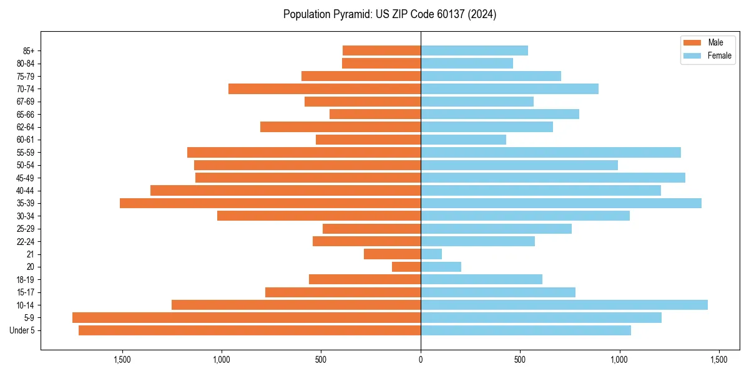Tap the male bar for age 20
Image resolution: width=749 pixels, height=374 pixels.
point(406,267)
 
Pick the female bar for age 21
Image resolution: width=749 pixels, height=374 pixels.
point(431,254)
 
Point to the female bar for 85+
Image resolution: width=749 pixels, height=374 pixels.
point(474,50)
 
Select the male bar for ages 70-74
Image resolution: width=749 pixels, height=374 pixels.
point(325,89)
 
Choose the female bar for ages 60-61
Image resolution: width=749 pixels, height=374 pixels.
point(463,140)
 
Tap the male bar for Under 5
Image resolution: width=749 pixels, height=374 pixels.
point(250,330)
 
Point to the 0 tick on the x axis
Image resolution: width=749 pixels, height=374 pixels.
point(421,360)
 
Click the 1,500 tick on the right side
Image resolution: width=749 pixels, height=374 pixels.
point(718,360)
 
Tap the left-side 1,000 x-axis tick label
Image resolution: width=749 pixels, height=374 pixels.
point(222,360)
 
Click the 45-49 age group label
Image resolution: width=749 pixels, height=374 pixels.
point(26,178)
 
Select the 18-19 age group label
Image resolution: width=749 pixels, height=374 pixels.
point(26,279)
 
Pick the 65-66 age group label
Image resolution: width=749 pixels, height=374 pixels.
point(26,114)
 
